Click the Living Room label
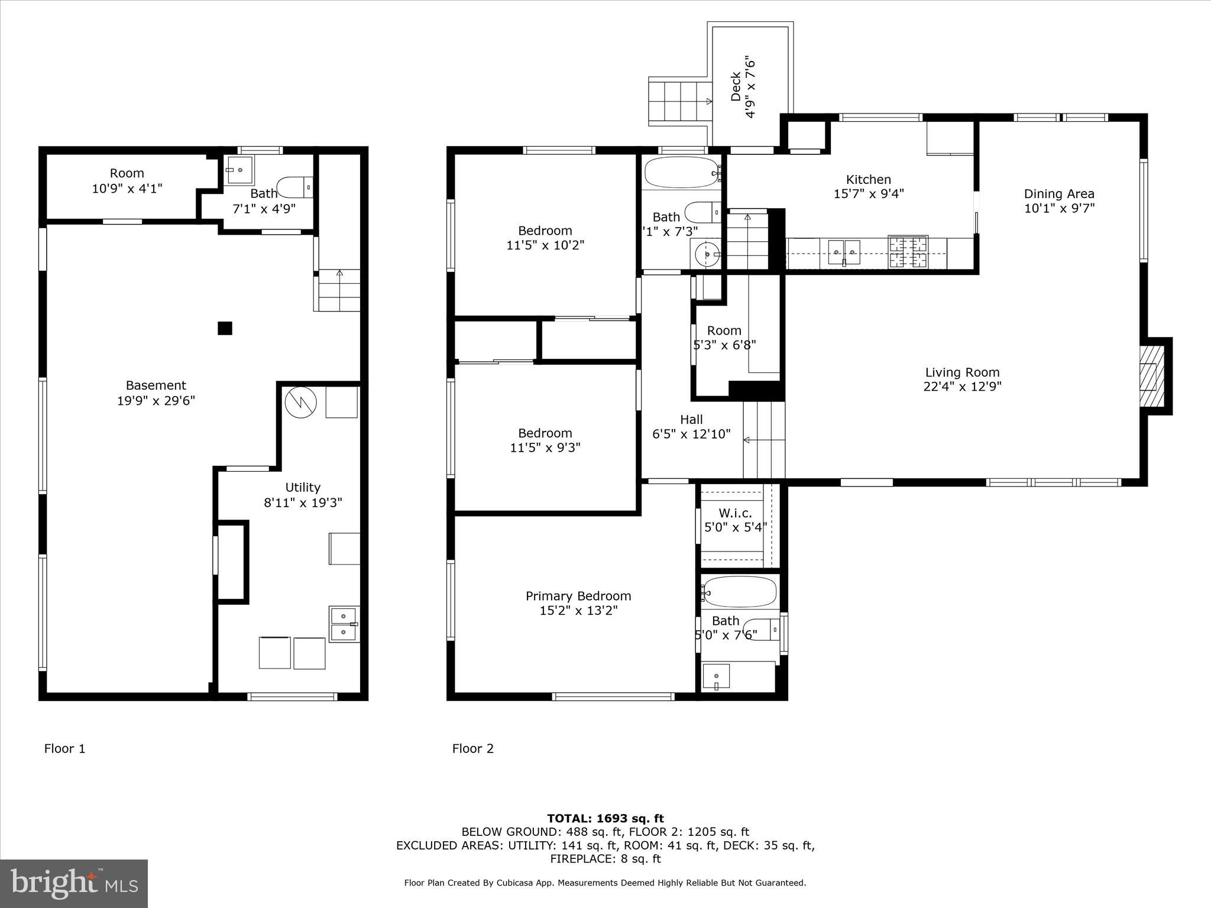962,372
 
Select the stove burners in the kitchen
908,252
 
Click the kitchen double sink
844,252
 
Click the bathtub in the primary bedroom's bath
740,591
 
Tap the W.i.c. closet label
736,513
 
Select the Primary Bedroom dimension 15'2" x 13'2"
578,611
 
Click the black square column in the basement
225,328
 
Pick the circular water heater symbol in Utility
301,403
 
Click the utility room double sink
344,624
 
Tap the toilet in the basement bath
294,188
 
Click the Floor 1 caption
64,748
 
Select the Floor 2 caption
472,748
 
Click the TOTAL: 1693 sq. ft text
605,818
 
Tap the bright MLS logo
74,883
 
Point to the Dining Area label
1058,194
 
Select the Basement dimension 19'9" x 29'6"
156,401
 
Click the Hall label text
691,420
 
